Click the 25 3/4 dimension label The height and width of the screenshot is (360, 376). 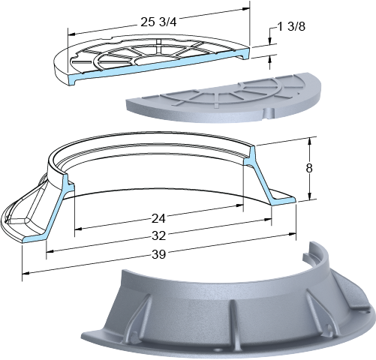pyautogui.click(x=158, y=22)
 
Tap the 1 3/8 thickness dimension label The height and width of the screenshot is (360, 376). pyautogui.click(x=291, y=26)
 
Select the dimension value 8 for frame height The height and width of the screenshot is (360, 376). pyautogui.click(x=309, y=168)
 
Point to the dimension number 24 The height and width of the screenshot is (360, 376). pyautogui.click(x=158, y=219)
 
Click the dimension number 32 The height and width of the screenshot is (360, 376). pyautogui.click(x=158, y=235)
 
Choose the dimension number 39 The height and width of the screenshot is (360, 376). pyautogui.click(x=158, y=254)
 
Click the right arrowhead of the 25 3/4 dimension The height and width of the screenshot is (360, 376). pyautogui.click(x=246, y=9)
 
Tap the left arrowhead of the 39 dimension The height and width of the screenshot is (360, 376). pyautogui.click(x=26, y=273)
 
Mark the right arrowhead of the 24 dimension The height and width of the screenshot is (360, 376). pyautogui.click(x=239, y=205)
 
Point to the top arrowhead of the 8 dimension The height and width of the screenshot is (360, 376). pyautogui.click(x=310, y=141)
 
